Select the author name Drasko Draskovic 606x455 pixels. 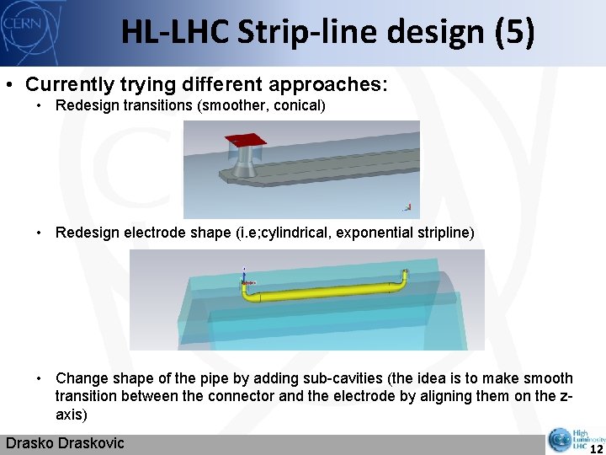(65, 443)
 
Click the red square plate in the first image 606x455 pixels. (246, 140)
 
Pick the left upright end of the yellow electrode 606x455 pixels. (245, 284)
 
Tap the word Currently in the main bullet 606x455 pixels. (64, 85)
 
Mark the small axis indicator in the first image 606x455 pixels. (407, 206)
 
